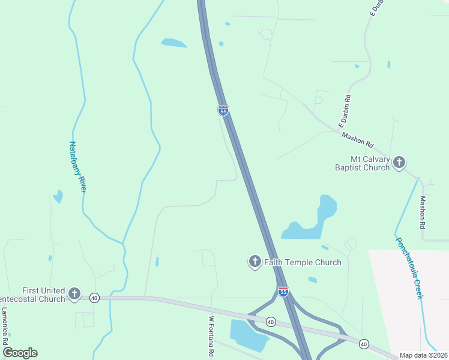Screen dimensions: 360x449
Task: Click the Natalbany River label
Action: (78, 167)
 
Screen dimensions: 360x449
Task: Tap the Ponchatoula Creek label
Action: (409, 268)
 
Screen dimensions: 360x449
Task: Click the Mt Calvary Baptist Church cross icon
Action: (399, 163)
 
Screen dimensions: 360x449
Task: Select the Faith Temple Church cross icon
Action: (255, 262)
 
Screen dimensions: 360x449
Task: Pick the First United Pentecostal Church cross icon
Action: (74, 293)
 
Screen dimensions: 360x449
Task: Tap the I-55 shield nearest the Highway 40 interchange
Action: (283, 292)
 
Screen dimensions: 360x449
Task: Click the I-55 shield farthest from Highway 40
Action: (223, 111)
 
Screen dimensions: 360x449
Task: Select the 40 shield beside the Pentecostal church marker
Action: (94, 298)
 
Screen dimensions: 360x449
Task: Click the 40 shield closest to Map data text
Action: (364, 344)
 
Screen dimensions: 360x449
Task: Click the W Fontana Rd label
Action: (211, 337)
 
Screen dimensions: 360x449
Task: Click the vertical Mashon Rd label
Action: (423, 212)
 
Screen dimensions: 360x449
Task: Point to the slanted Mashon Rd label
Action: (358, 140)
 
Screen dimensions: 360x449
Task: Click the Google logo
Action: (20, 353)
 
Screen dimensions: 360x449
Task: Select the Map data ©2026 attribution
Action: (423, 355)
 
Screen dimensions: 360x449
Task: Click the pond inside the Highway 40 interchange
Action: (247, 334)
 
